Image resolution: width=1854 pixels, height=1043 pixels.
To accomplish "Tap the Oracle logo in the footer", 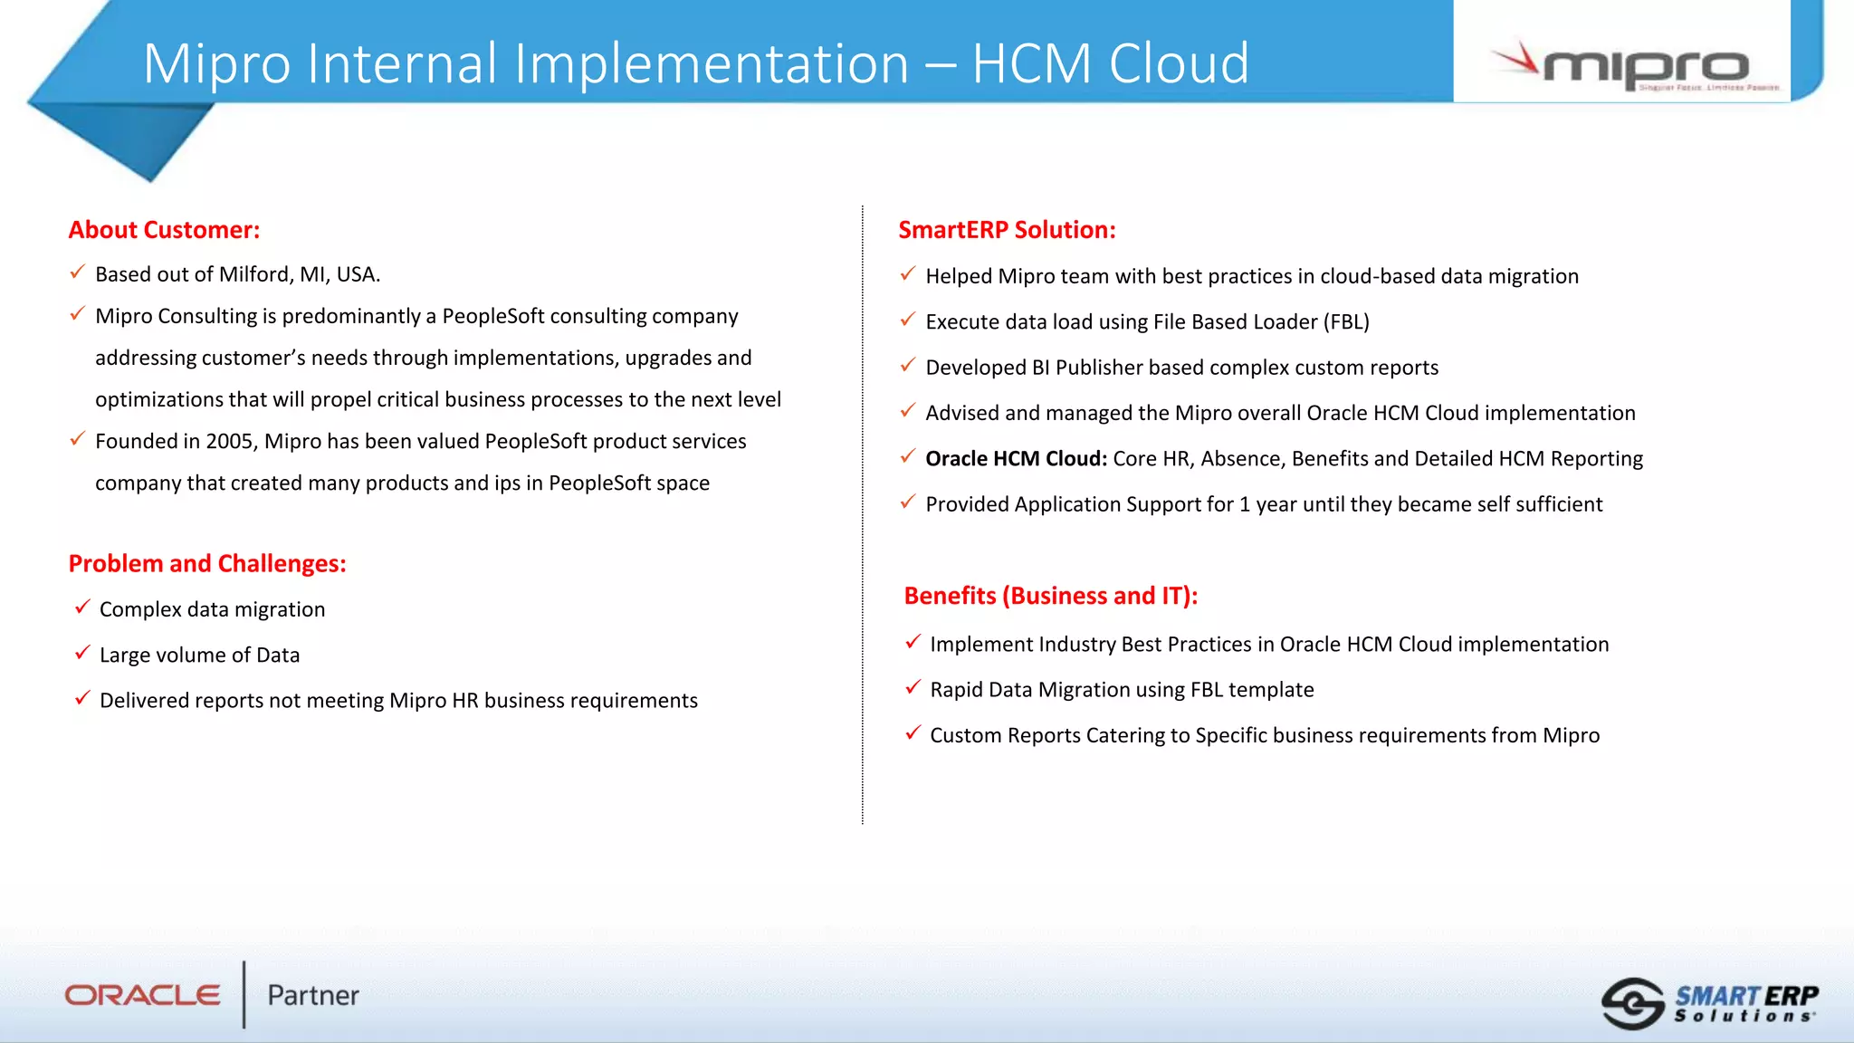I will [x=142, y=995].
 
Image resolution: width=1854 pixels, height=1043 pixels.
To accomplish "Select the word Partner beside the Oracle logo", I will [x=313, y=995].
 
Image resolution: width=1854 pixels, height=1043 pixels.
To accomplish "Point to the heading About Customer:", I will [x=164, y=230].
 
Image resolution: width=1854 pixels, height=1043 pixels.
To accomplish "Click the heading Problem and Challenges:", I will [x=207, y=563].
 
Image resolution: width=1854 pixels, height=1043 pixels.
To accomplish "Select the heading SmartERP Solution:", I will [x=1007, y=230].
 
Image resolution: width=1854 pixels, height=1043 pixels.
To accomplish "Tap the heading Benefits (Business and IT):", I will [x=1050, y=596].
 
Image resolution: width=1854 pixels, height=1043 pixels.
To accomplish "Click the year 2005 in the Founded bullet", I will [x=230, y=442].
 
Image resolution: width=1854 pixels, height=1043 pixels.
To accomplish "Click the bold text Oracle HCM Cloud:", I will [x=1016, y=459].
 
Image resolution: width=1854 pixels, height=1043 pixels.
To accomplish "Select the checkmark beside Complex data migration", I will [x=82, y=607].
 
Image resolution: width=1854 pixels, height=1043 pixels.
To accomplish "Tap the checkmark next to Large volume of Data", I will [x=82, y=652].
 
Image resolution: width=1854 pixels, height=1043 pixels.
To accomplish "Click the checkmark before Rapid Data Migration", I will [x=913, y=687].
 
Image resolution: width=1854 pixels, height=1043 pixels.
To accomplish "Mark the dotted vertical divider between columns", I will [x=863, y=516].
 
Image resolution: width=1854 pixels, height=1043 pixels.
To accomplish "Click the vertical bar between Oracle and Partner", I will [x=244, y=994].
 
